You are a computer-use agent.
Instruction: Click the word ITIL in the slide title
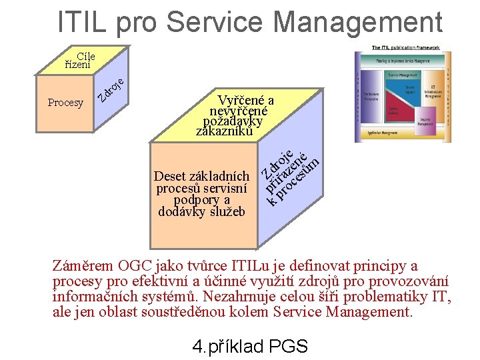tap(83, 21)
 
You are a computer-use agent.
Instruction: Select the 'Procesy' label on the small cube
tap(65, 103)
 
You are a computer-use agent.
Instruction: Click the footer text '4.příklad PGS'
tap(249, 346)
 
